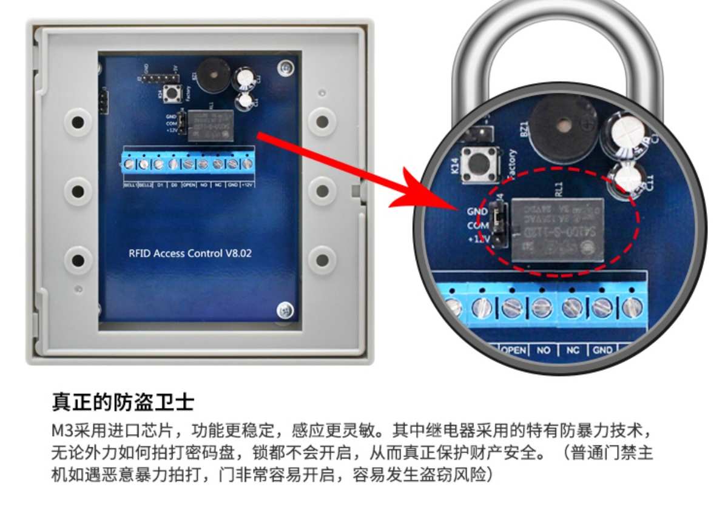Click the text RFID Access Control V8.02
(x=190, y=253)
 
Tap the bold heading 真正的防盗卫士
(x=123, y=402)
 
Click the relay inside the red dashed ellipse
(x=557, y=230)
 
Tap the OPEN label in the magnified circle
(x=513, y=350)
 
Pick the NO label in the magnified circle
(x=544, y=350)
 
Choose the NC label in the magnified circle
(x=573, y=350)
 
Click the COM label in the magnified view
(x=477, y=225)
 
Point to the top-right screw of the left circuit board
(x=283, y=69)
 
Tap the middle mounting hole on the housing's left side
(x=77, y=192)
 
